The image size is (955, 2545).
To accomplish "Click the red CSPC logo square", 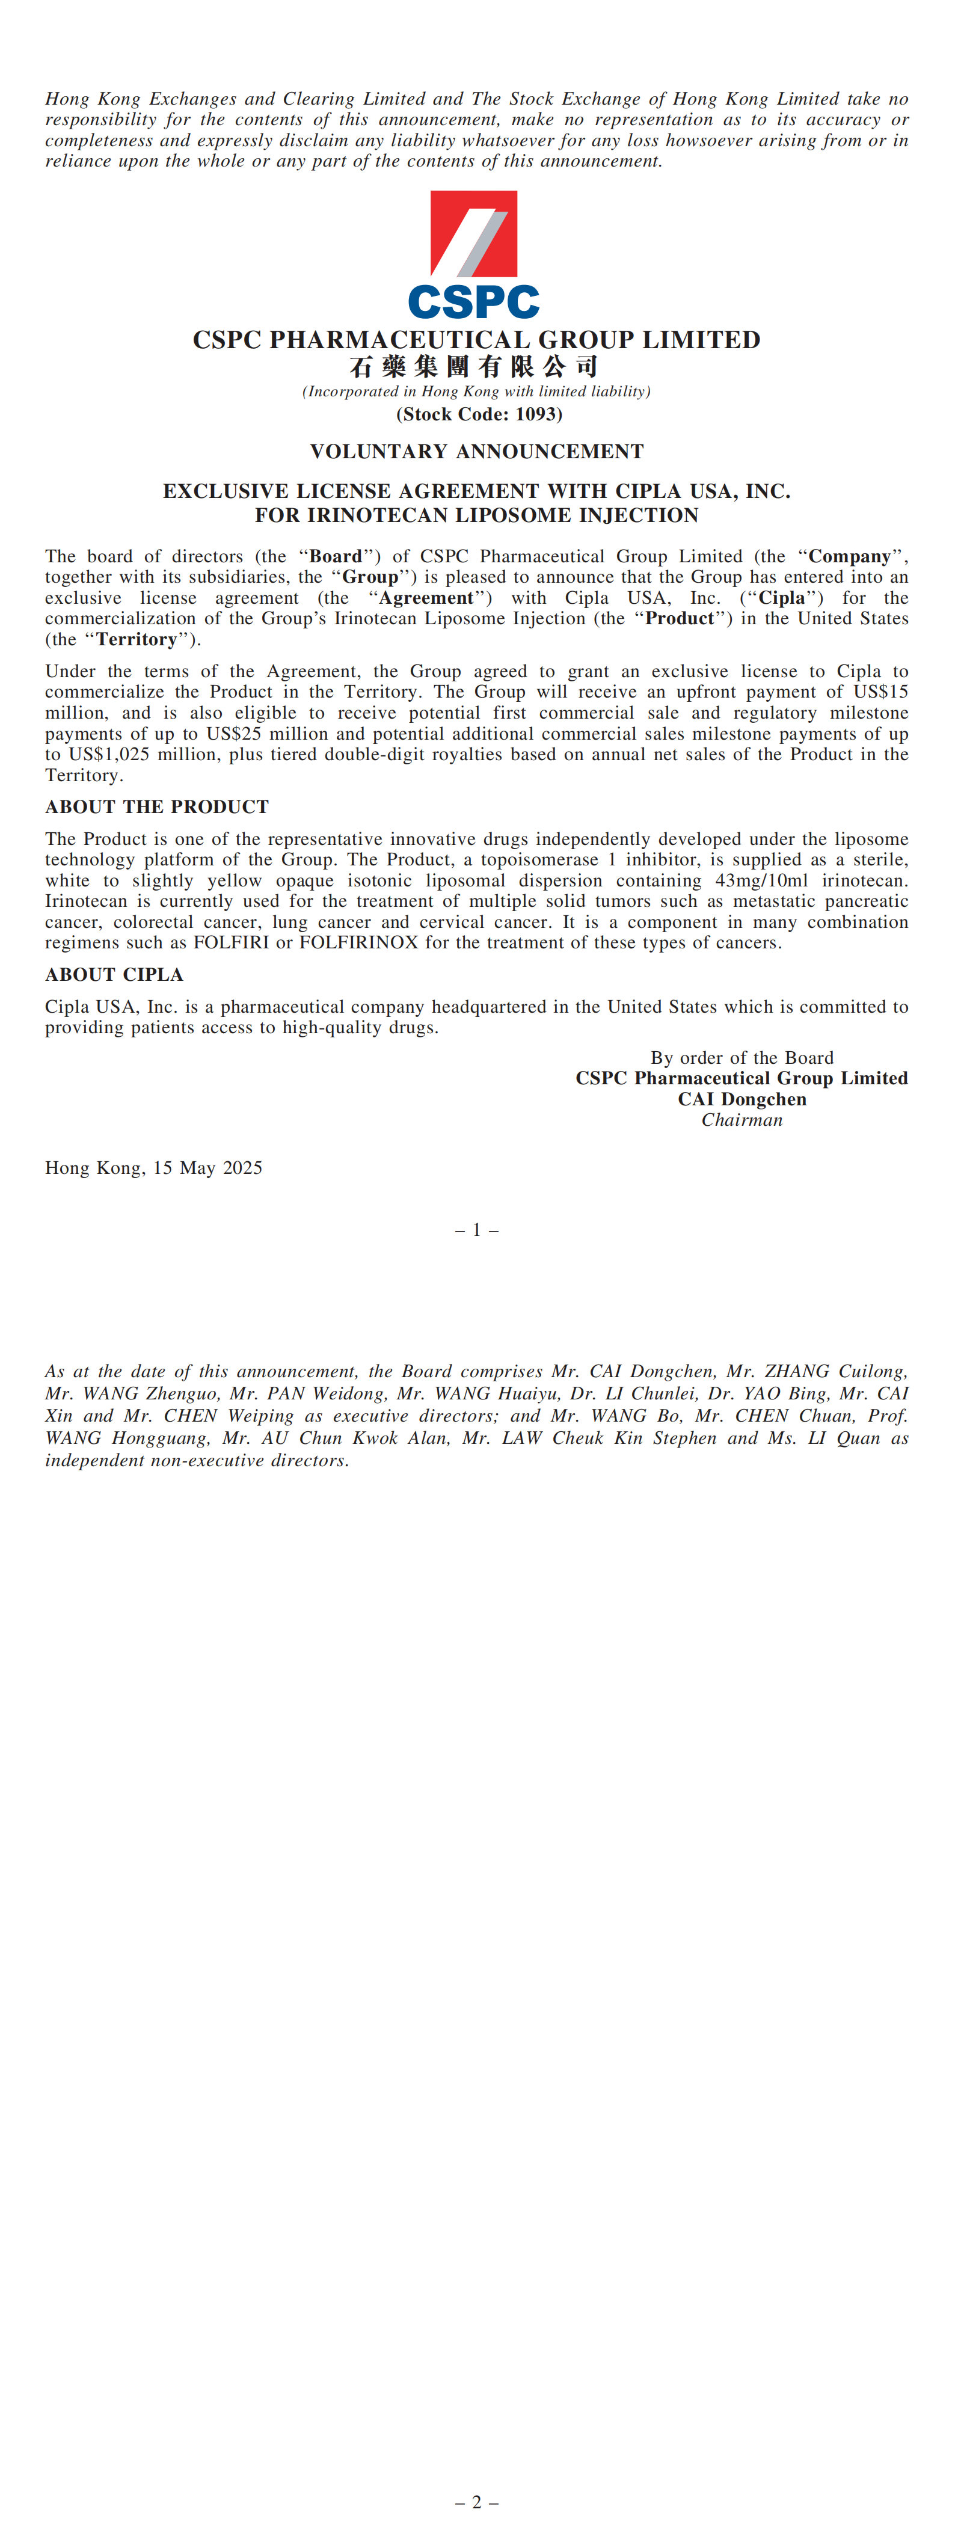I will pos(473,233).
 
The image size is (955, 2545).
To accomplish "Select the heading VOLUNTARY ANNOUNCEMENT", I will pos(477,452).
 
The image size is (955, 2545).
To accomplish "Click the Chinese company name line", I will pos(474,367).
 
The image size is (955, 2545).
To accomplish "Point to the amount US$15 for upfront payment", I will pos(882,692).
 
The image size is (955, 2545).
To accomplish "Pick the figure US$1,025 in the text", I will pos(109,755).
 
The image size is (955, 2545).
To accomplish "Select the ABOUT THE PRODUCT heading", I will pos(157,807).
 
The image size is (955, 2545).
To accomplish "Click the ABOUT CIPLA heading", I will pos(114,975).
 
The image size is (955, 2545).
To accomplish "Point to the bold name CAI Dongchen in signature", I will pos(742,1099).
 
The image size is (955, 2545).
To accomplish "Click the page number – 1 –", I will pos(477,1230).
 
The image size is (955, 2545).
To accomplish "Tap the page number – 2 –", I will pos(477,2502).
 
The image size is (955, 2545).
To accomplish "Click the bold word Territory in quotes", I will pos(137,639).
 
